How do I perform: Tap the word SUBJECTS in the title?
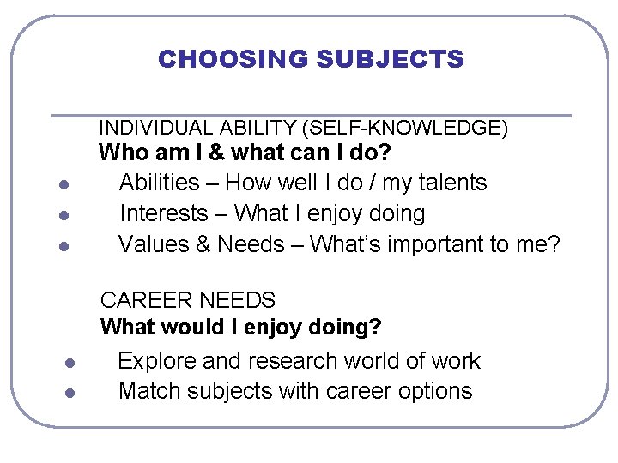[390, 59]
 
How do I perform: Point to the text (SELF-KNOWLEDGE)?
[405, 129]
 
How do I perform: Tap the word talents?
[454, 183]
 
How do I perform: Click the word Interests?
[164, 213]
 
